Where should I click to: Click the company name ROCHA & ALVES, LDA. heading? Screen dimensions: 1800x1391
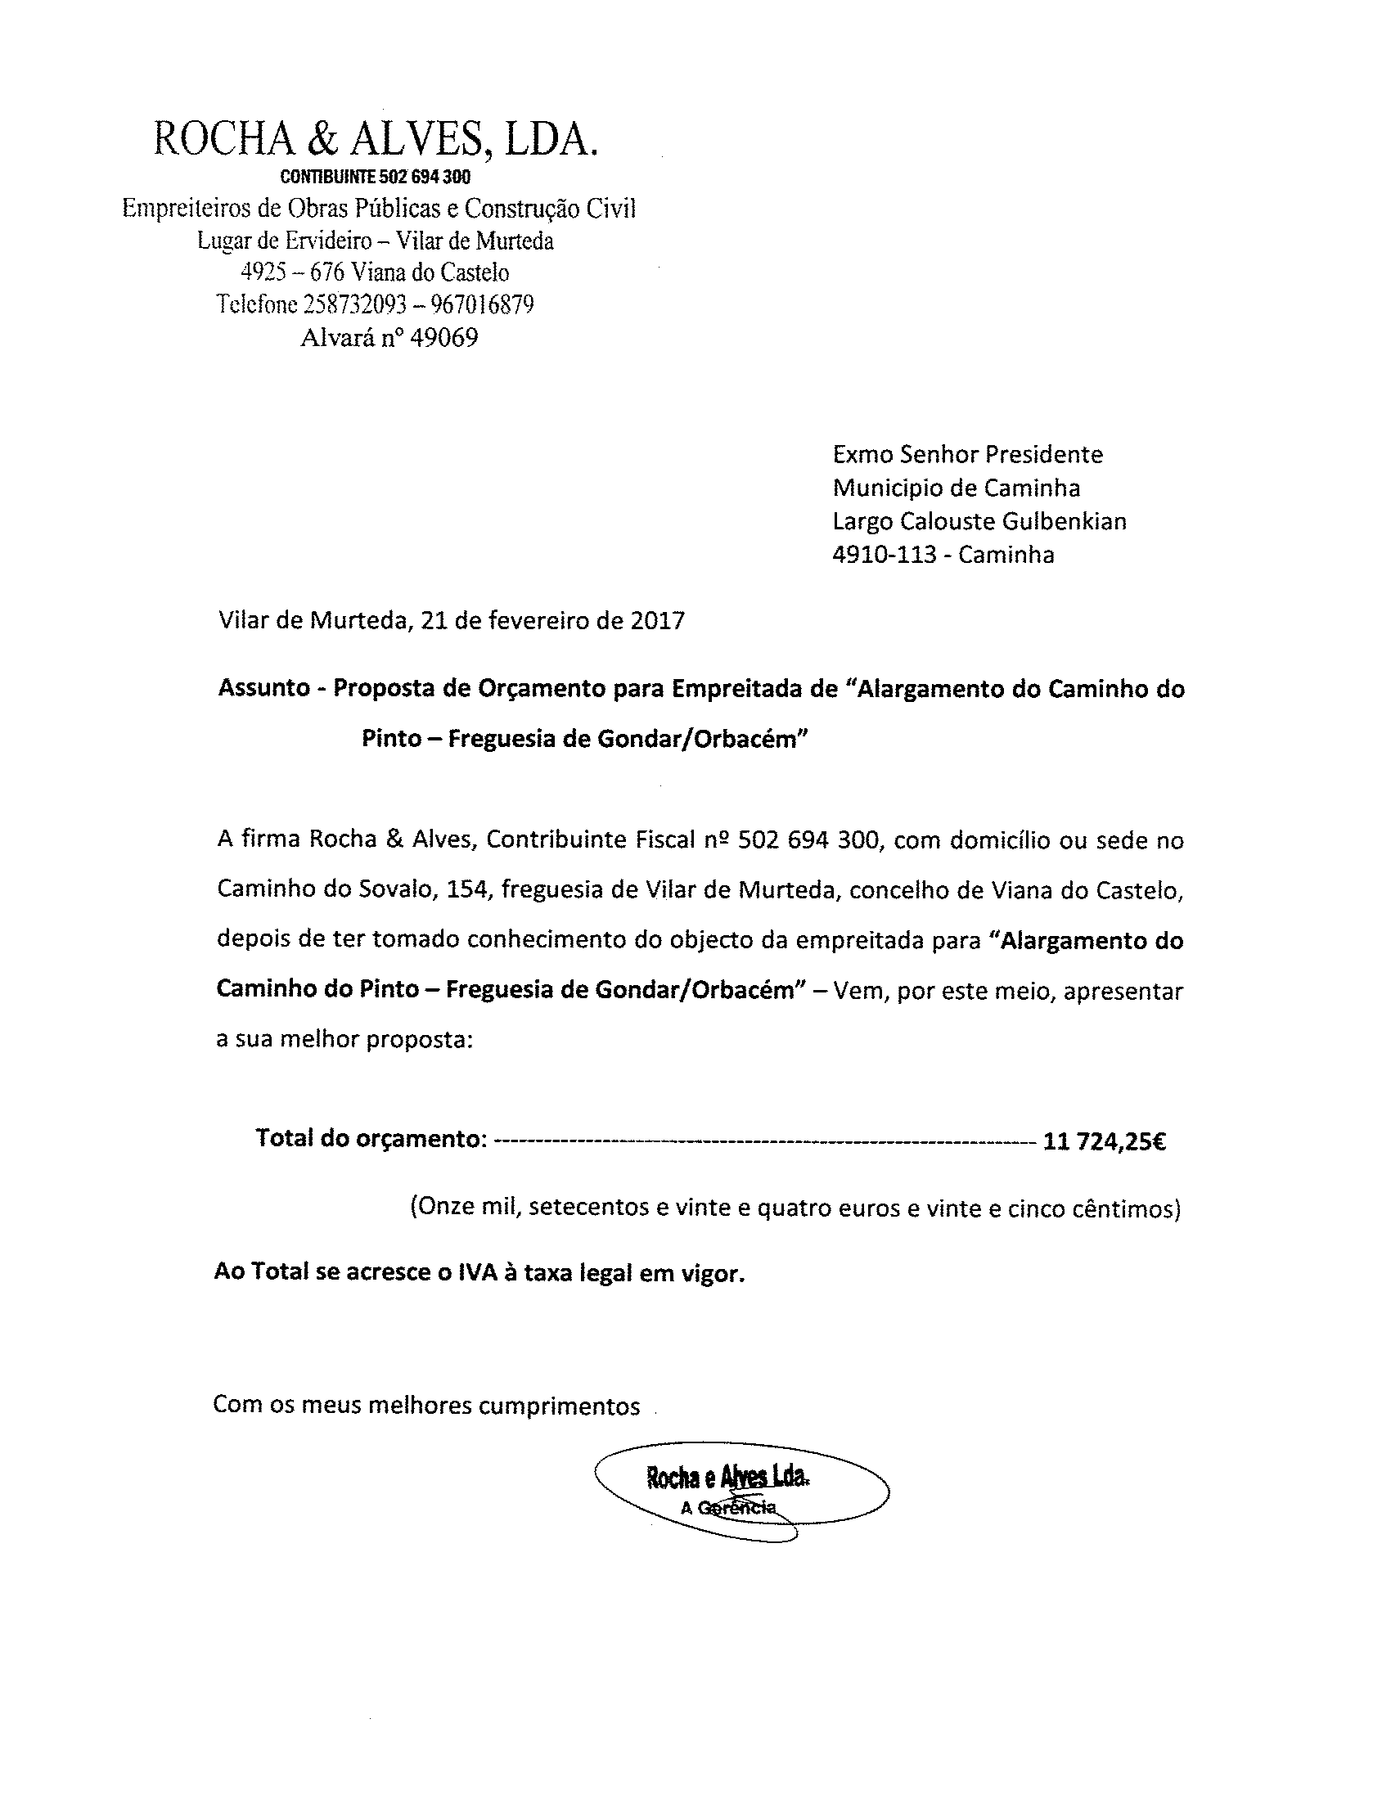click(x=375, y=139)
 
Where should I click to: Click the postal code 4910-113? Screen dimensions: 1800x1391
click(x=885, y=555)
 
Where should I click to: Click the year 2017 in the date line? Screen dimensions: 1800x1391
click(x=658, y=620)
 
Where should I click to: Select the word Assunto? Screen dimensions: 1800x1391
click(x=263, y=688)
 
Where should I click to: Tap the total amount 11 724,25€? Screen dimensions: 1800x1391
click(x=1105, y=1141)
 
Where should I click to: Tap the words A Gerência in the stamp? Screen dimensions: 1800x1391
click(x=728, y=1508)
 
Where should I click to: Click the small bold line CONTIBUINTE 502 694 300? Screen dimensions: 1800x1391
click(x=375, y=178)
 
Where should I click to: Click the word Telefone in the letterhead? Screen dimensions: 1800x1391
click(x=256, y=305)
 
